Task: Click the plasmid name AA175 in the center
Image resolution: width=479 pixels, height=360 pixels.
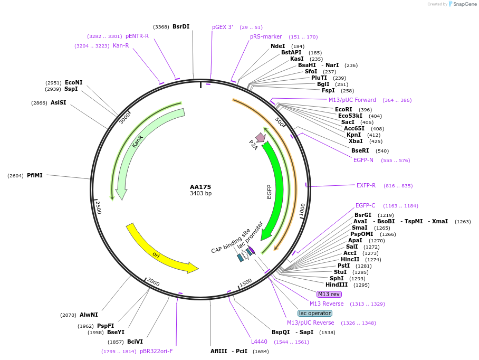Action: point(200,187)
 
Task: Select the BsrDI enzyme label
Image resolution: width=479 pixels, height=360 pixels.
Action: point(180,26)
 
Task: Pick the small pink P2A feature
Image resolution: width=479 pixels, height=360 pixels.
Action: point(260,138)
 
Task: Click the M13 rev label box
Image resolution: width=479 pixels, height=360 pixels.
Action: point(329,294)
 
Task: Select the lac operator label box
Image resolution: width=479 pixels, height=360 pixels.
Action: point(315,313)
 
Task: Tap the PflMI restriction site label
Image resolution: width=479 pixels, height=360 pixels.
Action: point(35,175)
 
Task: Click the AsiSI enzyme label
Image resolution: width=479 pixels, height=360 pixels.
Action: point(59,102)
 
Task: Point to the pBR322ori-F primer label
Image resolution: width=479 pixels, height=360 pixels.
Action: point(156,351)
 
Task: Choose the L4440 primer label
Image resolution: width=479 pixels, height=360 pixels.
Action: point(259,342)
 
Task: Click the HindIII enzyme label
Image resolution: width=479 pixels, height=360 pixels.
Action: point(337,285)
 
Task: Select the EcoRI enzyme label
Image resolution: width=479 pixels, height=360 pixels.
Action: point(343,109)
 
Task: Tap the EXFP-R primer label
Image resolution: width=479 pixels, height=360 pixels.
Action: point(366,185)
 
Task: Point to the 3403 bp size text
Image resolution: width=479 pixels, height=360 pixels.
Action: point(200,194)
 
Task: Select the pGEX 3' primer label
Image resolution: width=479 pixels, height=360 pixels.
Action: point(223,27)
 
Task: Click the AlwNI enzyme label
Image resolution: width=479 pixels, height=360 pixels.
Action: point(89,315)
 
